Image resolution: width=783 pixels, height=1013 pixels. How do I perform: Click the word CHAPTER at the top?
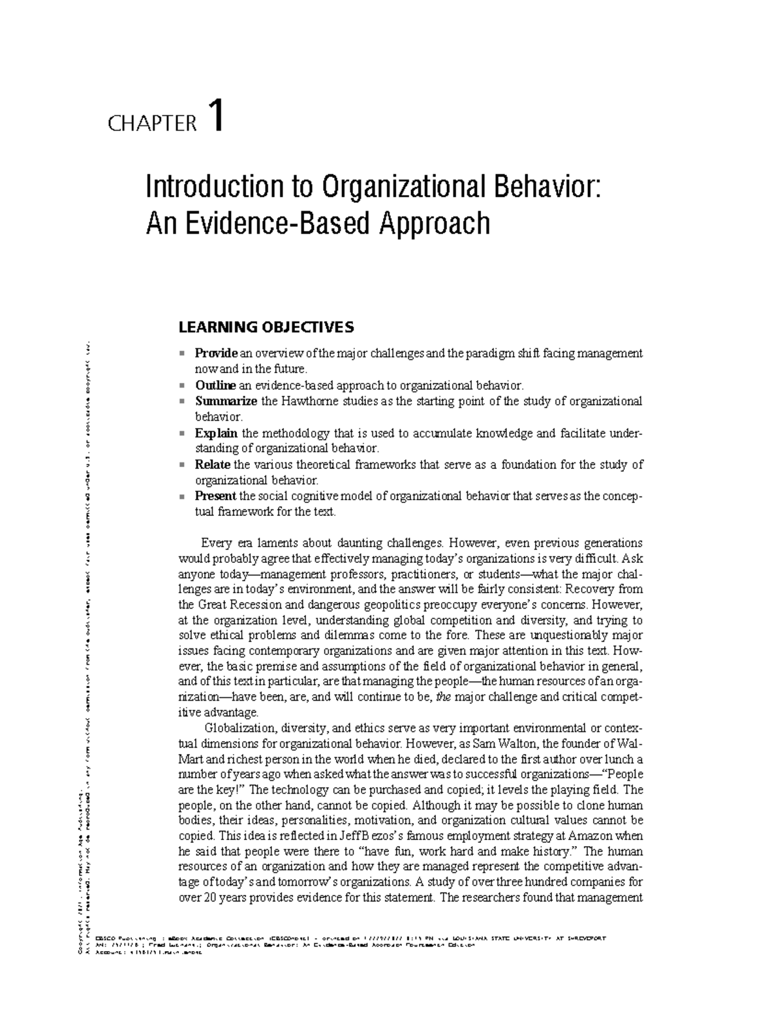click(x=152, y=123)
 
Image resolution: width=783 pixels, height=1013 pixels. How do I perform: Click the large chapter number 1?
click(x=216, y=115)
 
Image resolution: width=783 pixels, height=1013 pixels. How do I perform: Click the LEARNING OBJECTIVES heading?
click(x=266, y=326)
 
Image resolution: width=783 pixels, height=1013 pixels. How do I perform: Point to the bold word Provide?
click(x=216, y=354)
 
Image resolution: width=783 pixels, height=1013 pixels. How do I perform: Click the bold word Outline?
click(x=215, y=386)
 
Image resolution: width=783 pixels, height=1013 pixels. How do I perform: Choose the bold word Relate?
click(x=213, y=464)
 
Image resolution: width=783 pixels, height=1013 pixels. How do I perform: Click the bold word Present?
click(x=216, y=496)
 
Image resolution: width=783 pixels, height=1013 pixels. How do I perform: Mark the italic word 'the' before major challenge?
click(x=443, y=697)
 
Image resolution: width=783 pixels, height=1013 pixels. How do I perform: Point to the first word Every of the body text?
click(x=215, y=543)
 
